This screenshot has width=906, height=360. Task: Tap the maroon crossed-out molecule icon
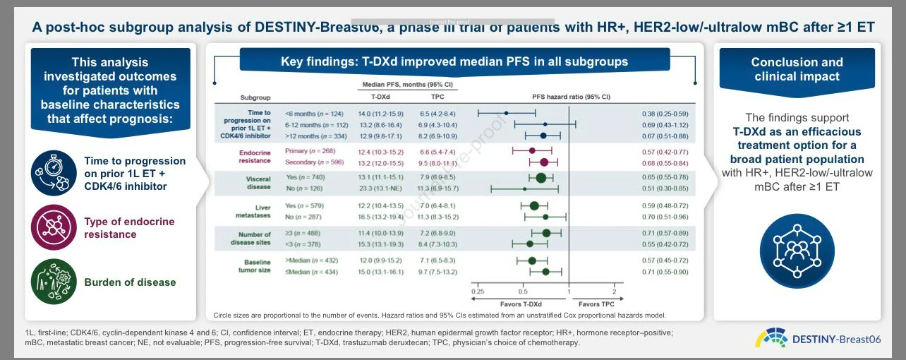[54, 228]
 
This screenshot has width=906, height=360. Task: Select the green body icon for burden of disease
[54, 282]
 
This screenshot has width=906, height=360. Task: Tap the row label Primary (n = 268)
[310, 151]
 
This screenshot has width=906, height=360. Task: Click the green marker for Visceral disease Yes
[540, 178]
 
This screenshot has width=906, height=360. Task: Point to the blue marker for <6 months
[507, 113]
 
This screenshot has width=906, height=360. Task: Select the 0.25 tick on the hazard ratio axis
[478, 292]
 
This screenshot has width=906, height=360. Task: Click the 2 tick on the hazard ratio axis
[614, 292]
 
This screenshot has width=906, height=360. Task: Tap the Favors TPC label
[591, 304]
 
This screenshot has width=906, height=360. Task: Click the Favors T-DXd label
[521, 304]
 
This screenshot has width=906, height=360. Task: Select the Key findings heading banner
[454, 61]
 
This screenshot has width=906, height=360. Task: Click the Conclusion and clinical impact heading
[796, 69]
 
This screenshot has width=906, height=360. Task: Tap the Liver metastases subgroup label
[252, 210]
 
